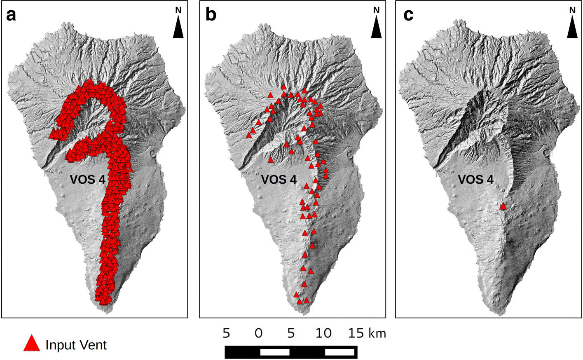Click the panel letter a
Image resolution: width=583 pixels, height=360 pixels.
tap(12, 15)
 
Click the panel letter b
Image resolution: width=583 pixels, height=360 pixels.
tap(211, 15)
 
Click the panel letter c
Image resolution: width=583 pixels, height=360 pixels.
tap(408, 15)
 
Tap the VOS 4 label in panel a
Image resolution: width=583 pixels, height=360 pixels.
tap(88, 180)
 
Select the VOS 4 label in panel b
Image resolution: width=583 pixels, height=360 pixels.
tap(279, 180)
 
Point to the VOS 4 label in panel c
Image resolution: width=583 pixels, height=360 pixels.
tap(475, 180)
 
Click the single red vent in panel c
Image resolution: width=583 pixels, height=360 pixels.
tap(503, 206)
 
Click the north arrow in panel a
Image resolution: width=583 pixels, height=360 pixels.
tap(178, 29)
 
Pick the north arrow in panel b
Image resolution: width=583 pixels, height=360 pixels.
tap(376, 29)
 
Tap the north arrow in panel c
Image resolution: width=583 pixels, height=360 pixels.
tap(572, 29)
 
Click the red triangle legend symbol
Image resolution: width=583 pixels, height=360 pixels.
tap(32, 343)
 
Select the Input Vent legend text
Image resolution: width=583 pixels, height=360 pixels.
tap(76, 345)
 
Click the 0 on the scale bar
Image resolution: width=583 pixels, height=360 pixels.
tap(258, 333)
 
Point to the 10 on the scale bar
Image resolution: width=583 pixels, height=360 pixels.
tap(323, 333)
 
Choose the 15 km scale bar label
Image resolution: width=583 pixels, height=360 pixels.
tap(367, 333)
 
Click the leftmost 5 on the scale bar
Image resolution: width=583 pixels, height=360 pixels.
tap(226, 333)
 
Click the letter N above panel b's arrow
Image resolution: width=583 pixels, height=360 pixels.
tap(376, 10)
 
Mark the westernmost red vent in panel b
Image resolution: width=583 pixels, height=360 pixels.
tap(249, 135)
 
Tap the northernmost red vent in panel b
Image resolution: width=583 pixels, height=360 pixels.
tap(284, 87)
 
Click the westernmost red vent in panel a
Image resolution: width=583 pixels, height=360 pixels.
tap(52, 134)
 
